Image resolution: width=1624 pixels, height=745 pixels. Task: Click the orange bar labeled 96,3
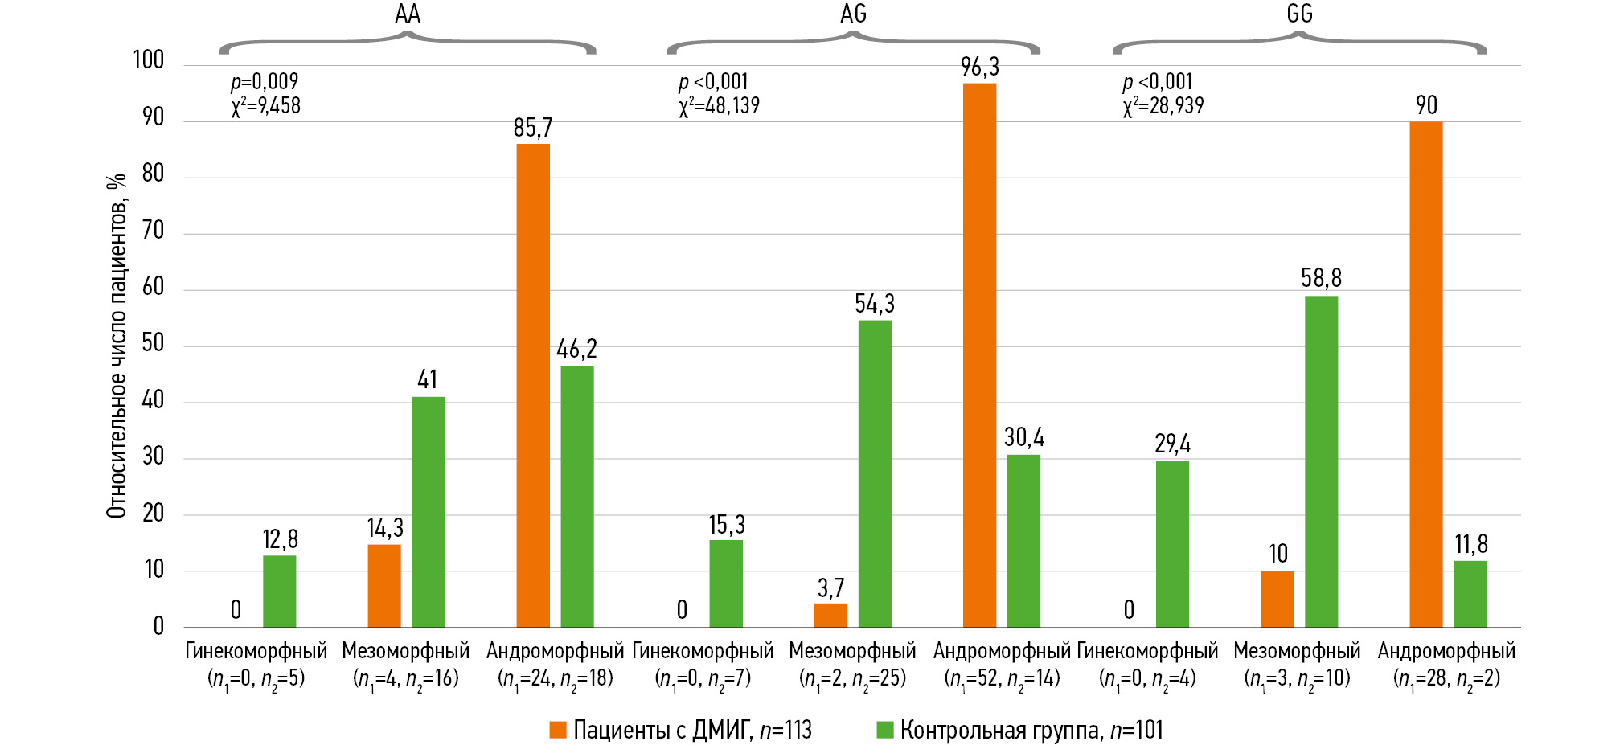click(x=979, y=355)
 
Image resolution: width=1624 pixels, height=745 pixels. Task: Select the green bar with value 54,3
click(x=875, y=474)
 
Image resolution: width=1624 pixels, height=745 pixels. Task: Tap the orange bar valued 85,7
click(x=533, y=386)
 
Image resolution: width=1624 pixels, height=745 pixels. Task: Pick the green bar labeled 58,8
click(x=1321, y=461)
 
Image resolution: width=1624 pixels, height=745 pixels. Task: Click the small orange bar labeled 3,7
click(x=830, y=615)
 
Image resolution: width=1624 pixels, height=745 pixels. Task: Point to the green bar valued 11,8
click(x=1470, y=594)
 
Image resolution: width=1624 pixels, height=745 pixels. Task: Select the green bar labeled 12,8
click(x=279, y=591)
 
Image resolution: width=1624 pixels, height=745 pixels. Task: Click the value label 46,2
click(x=576, y=349)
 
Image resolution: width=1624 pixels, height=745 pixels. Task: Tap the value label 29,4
click(x=1172, y=444)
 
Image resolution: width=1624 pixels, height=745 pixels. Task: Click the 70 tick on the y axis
click(x=153, y=231)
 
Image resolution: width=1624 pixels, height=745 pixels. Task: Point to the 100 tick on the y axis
click(x=149, y=60)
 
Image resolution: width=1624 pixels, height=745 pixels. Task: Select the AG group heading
click(x=853, y=14)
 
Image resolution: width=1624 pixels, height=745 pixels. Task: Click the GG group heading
click(x=1299, y=14)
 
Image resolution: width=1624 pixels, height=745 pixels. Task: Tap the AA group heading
click(x=408, y=14)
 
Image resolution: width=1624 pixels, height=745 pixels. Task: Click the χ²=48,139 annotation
click(x=719, y=106)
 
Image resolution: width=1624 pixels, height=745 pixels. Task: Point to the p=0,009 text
click(x=265, y=82)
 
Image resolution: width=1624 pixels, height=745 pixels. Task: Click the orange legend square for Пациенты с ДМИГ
click(x=558, y=730)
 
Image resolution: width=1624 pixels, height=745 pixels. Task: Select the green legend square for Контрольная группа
click(x=884, y=730)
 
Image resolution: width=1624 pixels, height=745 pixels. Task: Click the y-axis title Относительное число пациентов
click(x=117, y=346)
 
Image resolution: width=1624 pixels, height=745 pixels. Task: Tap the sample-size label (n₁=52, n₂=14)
click(x=1002, y=678)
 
